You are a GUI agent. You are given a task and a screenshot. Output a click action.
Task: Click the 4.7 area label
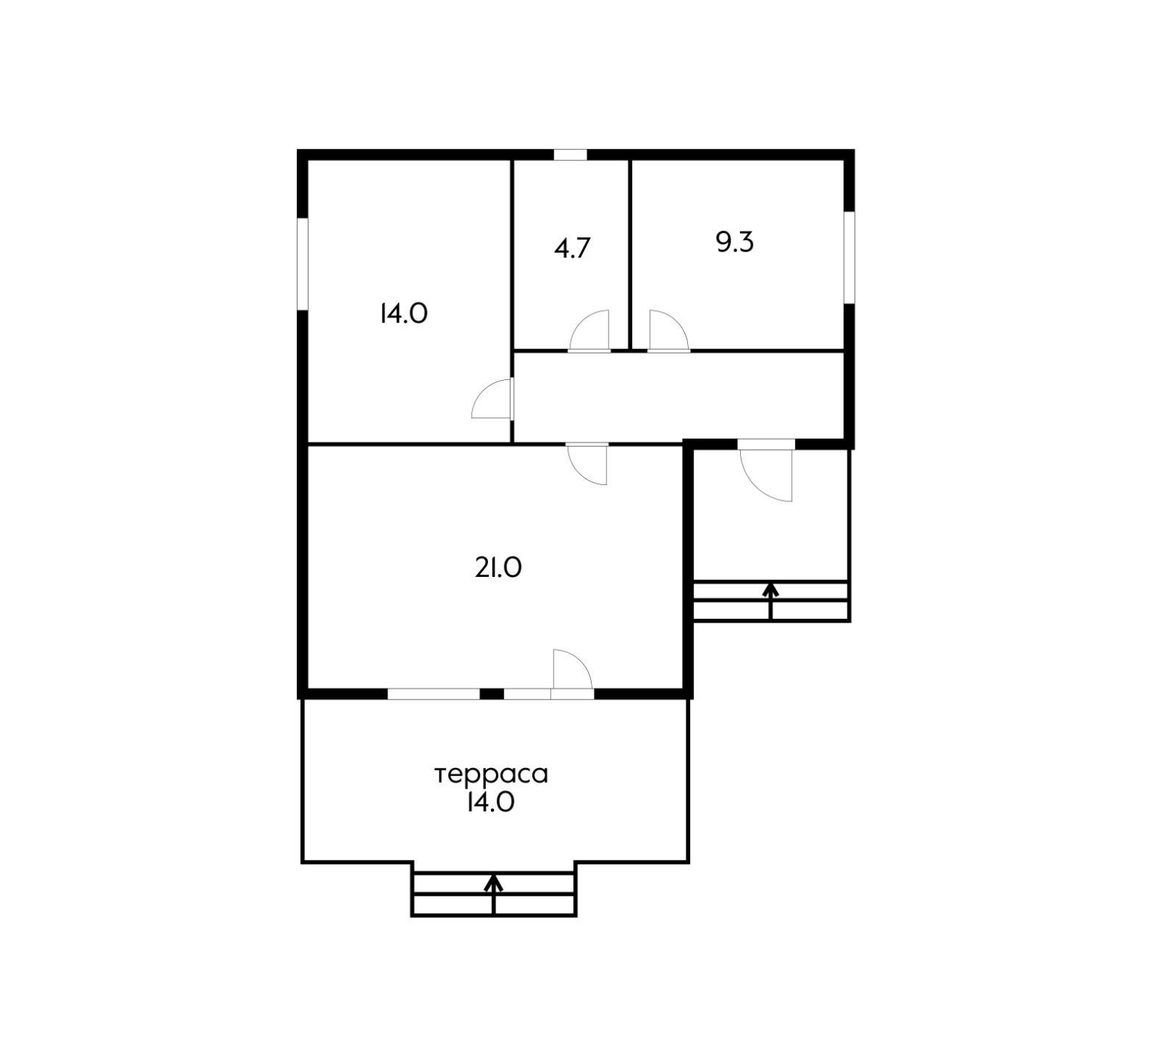(572, 248)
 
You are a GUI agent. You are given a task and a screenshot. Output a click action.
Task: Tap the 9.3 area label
(734, 242)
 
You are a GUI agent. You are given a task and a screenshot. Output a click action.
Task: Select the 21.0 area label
(498, 567)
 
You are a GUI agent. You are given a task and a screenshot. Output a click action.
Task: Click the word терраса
(492, 775)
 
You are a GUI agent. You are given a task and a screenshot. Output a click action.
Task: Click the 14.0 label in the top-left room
(404, 314)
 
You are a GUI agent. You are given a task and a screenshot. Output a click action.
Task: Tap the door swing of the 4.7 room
(589, 331)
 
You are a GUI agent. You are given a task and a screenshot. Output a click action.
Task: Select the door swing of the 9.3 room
(668, 331)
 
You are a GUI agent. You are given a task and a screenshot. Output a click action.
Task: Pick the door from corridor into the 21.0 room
(587, 464)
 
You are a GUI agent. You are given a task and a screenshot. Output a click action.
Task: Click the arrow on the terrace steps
(493, 894)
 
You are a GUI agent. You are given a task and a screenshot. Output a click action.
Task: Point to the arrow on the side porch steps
(770, 602)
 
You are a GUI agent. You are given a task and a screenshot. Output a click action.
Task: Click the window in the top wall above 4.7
(570, 155)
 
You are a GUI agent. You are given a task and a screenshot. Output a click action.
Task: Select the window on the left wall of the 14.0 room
(302, 264)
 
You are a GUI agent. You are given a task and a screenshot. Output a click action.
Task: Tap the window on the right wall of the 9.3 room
(849, 257)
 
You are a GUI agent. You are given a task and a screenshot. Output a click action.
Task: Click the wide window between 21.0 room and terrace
(434, 694)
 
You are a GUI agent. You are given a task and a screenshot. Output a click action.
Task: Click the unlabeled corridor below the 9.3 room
(678, 397)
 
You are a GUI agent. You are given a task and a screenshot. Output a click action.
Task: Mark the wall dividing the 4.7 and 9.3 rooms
(630, 254)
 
